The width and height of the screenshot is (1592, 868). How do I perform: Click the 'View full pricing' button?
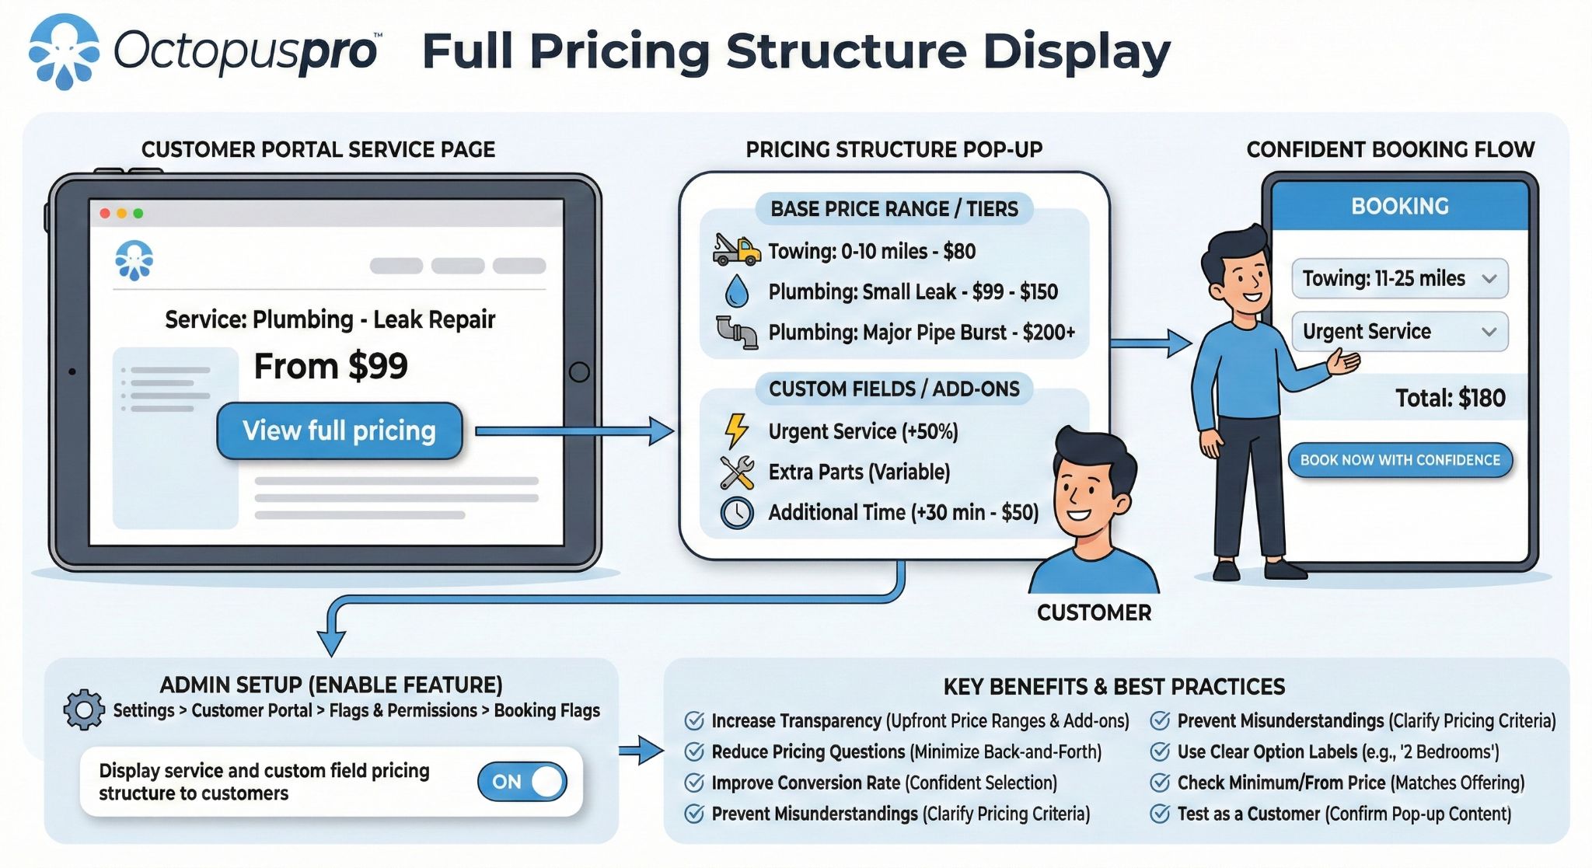click(340, 431)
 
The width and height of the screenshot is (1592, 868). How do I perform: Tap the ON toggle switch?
click(522, 782)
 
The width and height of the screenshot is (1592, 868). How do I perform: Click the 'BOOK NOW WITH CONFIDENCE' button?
click(1400, 460)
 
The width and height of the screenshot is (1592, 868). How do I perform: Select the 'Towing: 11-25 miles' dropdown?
click(1399, 278)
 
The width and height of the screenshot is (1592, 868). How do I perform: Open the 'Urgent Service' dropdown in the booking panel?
click(1399, 331)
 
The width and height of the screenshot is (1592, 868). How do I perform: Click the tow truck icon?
click(735, 250)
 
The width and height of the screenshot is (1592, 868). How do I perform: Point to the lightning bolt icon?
click(735, 431)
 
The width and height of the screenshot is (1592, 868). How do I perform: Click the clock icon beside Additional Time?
click(736, 513)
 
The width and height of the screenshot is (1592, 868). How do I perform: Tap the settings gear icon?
click(84, 709)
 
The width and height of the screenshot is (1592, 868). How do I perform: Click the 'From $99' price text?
click(330, 366)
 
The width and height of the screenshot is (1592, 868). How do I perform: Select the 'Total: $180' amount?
click(1450, 398)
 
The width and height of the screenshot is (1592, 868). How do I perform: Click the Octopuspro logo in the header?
click(65, 51)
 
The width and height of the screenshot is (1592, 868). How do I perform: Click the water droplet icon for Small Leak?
click(736, 291)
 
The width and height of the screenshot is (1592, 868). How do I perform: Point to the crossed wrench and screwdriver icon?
click(736, 472)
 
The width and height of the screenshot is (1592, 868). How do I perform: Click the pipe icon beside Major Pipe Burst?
click(736, 332)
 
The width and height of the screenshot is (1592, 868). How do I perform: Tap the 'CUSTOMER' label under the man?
click(1094, 612)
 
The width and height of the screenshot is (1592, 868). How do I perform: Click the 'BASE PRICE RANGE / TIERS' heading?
click(894, 208)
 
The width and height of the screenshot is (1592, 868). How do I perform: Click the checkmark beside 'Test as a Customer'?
click(1160, 814)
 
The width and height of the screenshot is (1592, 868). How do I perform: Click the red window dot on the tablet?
click(105, 213)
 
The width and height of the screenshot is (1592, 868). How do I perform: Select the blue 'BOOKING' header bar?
click(1399, 206)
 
